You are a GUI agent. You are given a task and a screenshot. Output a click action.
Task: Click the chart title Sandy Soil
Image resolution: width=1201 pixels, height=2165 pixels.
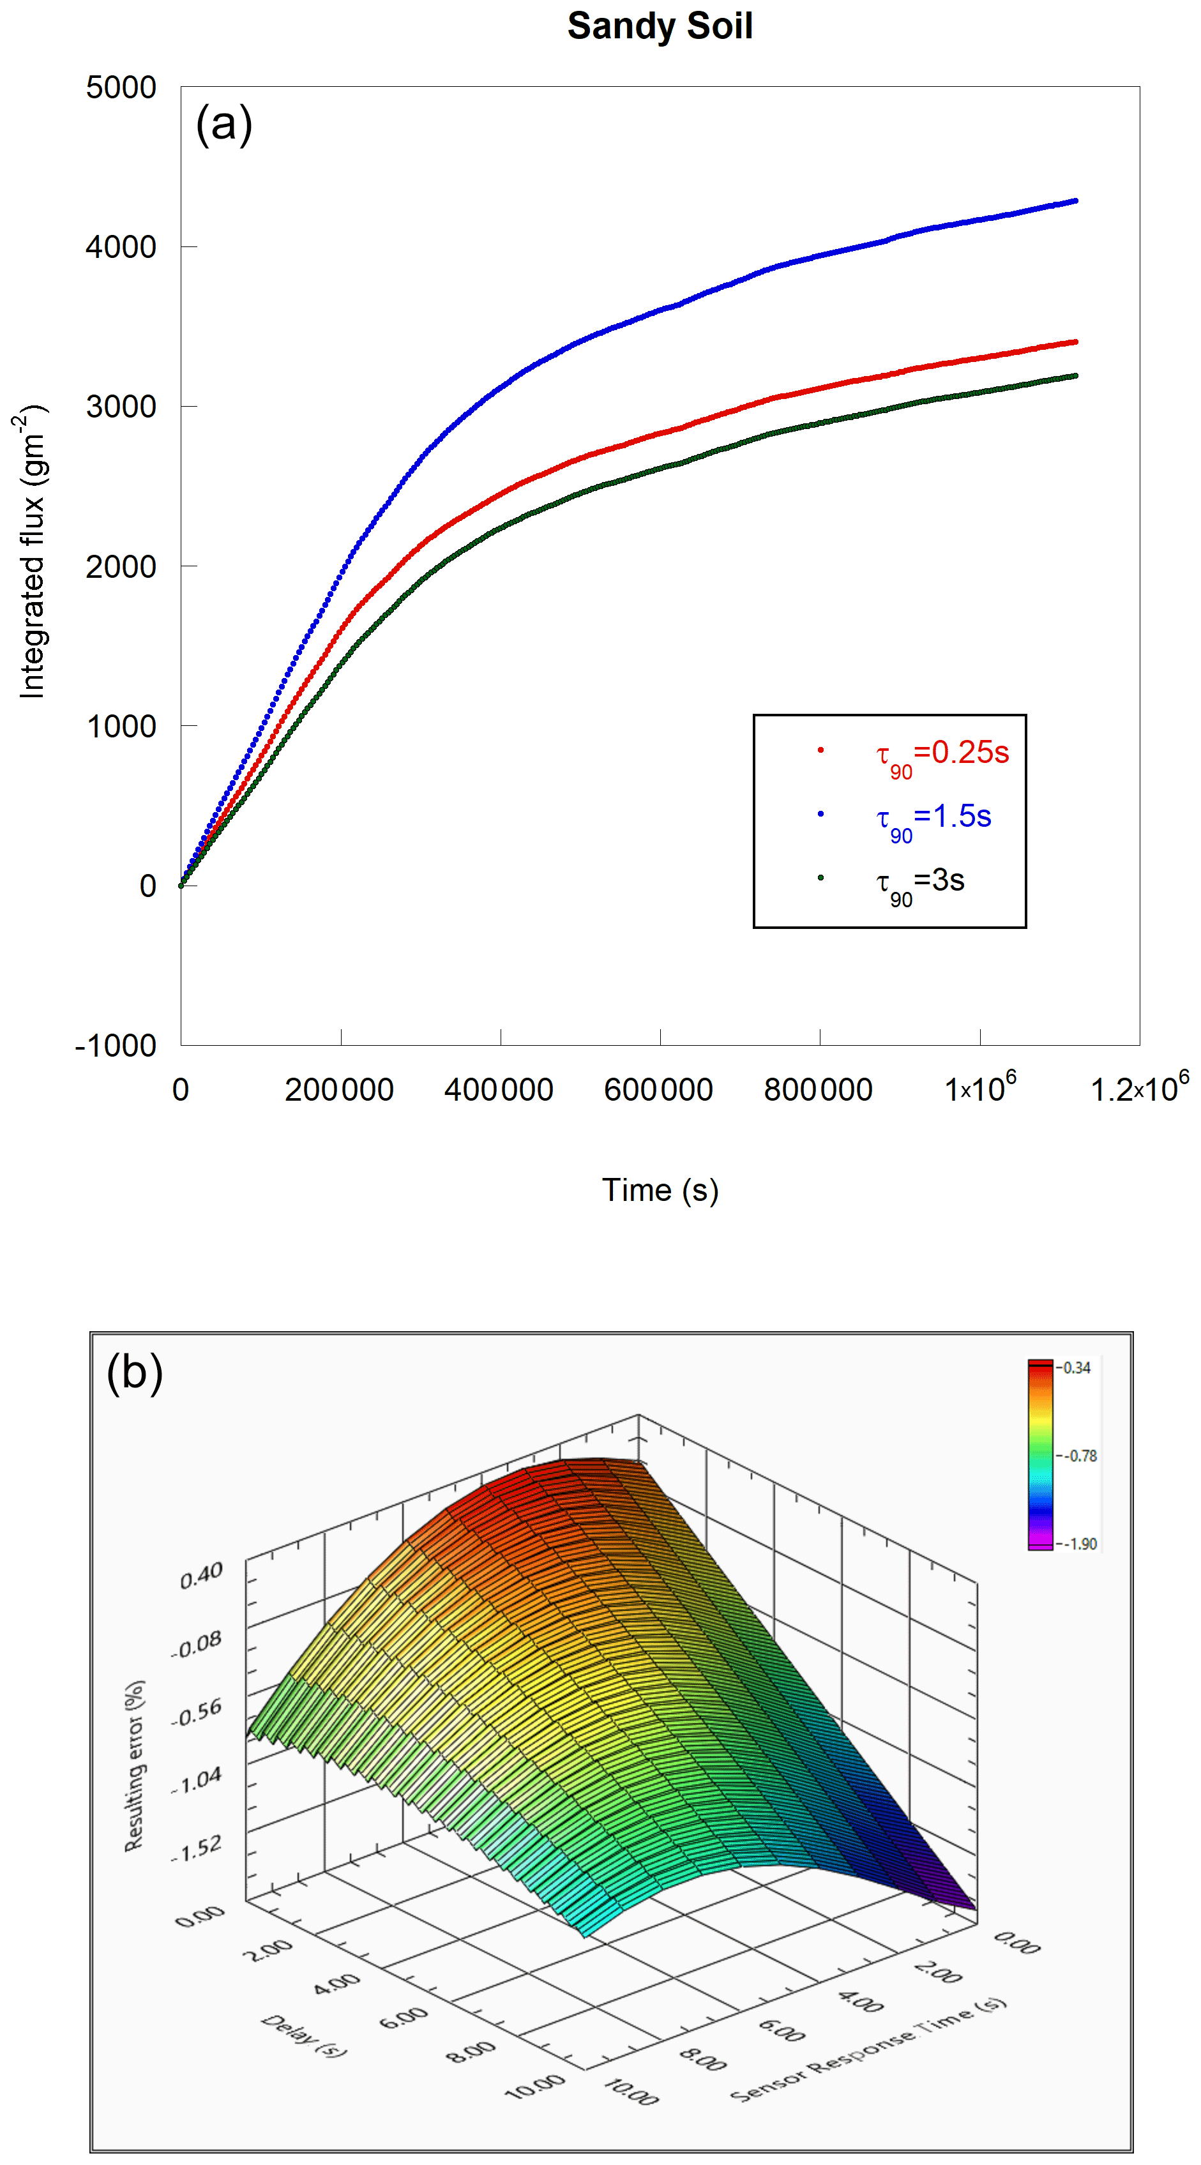click(660, 26)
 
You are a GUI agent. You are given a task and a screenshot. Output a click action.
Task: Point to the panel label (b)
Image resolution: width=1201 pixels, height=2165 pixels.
click(135, 1373)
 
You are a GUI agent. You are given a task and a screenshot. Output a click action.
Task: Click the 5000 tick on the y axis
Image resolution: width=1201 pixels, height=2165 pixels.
click(121, 87)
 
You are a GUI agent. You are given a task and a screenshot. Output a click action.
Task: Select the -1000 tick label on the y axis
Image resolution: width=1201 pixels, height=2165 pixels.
click(116, 1046)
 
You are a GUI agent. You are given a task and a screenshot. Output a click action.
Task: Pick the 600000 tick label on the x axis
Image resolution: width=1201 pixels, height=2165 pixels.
click(658, 1090)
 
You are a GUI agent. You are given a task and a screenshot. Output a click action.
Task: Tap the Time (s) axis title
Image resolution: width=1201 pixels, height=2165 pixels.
click(660, 1190)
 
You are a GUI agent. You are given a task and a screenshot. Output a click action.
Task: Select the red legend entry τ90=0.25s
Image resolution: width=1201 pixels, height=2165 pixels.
click(941, 752)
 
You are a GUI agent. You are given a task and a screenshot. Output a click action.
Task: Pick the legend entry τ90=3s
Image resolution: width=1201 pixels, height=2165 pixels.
click(919, 881)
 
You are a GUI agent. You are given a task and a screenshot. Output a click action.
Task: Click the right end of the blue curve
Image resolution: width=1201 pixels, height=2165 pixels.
click(1075, 201)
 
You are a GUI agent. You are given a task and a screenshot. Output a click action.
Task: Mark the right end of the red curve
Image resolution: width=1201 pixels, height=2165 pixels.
click(1075, 342)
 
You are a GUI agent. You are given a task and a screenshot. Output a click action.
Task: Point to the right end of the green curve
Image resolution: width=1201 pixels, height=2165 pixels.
click(1075, 375)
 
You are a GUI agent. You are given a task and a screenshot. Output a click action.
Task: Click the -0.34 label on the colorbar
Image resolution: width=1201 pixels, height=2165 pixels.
click(1076, 1368)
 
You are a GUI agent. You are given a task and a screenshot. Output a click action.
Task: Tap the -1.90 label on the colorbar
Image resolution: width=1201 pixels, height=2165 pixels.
click(1079, 1543)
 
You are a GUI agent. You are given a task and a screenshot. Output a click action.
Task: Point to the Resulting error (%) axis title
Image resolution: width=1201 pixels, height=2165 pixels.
click(135, 1765)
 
